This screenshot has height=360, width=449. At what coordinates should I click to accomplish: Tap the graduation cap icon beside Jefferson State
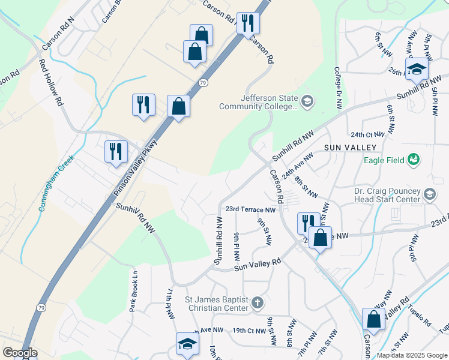tap(308, 101)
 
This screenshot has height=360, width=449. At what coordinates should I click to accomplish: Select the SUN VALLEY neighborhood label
tap(350, 148)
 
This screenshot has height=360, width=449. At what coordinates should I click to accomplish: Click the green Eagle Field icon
tap(413, 159)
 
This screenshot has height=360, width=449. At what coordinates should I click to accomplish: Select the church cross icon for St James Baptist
tap(257, 302)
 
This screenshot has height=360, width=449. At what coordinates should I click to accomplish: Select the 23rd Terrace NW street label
tap(250, 210)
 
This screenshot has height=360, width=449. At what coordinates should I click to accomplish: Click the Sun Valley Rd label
tap(258, 265)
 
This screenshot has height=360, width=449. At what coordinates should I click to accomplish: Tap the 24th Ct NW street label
tap(367, 135)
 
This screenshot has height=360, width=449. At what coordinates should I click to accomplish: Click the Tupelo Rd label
tap(420, 316)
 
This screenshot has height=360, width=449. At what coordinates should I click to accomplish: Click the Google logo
tap(20, 353)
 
